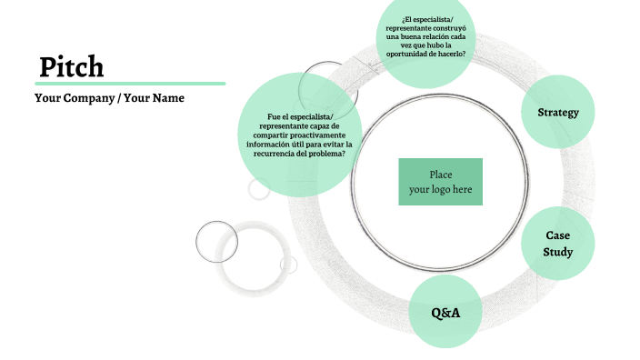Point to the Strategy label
point(558,113)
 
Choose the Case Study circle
point(557,244)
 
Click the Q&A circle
point(445,313)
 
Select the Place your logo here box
point(440,182)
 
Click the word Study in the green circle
point(557,252)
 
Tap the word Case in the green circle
point(557,235)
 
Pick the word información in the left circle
point(270,144)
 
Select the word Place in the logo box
point(440,175)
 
